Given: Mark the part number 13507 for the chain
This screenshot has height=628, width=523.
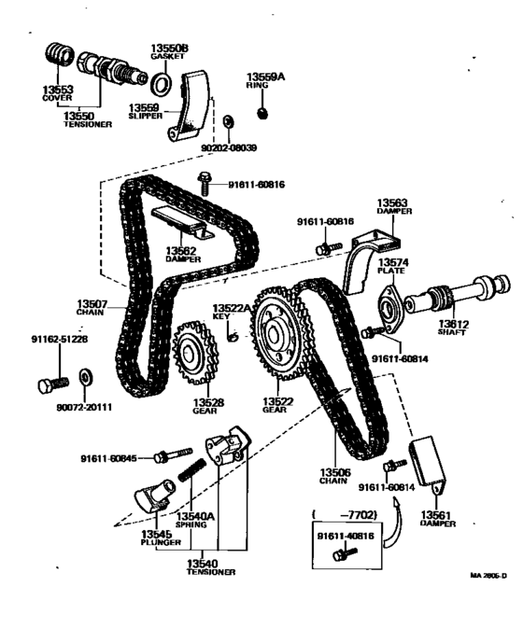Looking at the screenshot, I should (x=93, y=302).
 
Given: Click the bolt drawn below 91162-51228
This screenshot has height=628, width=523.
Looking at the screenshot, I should (x=52, y=382).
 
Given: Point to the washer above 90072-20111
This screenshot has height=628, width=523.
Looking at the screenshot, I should (x=85, y=378).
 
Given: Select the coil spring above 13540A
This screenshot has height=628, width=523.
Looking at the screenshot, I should (x=191, y=472).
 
